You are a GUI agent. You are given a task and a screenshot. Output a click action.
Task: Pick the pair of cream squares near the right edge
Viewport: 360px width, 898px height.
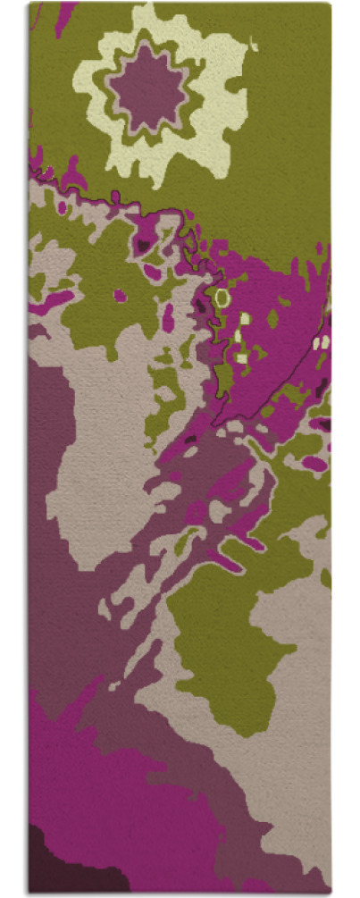pos(322,342)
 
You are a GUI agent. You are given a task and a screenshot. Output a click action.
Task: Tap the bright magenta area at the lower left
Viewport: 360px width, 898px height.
pos(89,786)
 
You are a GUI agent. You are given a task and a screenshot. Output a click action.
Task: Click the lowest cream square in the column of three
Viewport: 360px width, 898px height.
pos(241,358)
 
